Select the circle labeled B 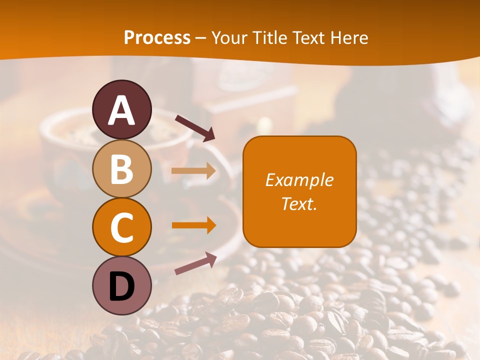[x=122, y=168]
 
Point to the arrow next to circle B [x=193, y=171]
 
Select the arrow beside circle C [x=193, y=225]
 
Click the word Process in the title [x=157, y=38]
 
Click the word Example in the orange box [x=299, y=180]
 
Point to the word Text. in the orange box [x=299, y=203]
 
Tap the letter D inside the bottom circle [x=122, y=287]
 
